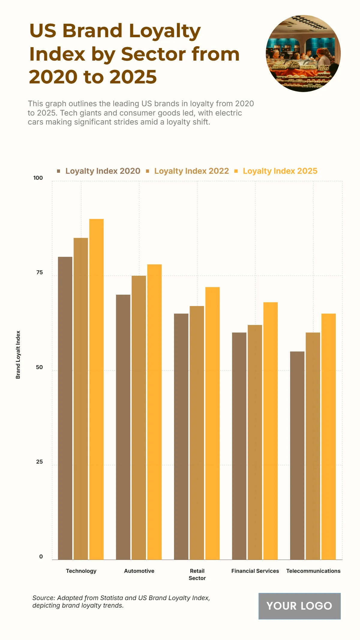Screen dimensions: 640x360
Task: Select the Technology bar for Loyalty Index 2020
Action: pyautogui.click(x=65, y=408)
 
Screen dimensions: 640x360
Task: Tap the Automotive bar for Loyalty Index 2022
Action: pyautogui.click(x=139, y=417)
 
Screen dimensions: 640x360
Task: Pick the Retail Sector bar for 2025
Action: pyautogui.click(x=212, y=423)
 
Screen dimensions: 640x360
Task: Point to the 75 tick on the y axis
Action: pyautogui.click(x=40, y=272)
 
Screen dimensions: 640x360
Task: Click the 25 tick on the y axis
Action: pyautogui.click(x=40, y=462)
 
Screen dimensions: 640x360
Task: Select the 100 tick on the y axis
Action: pyautogui.click(x=38, y=178)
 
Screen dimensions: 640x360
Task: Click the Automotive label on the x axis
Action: pyautogui.click(x=139, y=571)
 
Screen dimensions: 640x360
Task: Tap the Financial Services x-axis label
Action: pyautogui.click(x=255, y=571)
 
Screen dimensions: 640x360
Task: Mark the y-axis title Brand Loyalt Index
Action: pyautogui.click(x=18, y=355)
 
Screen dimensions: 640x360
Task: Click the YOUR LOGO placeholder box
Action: pyautogui.click(x=299, y=606)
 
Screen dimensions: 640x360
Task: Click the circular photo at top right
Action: pyautogui.click(x=303, y=53)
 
